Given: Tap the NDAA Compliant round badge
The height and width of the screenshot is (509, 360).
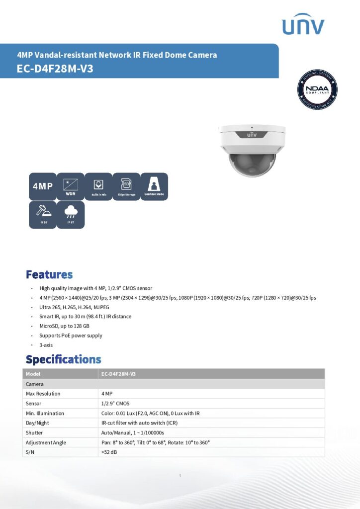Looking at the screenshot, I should (x=317, y=89).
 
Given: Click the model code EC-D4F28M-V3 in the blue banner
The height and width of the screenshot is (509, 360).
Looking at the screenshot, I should (x=55, y=69).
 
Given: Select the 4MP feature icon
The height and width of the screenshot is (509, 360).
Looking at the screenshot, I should (x=42, y=186).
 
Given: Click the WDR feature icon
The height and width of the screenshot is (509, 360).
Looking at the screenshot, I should (x=70, y=186).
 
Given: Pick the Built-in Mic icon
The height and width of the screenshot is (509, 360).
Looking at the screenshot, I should (x=98, y=186).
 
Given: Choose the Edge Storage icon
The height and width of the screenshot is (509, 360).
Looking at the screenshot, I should (x=126, y=186).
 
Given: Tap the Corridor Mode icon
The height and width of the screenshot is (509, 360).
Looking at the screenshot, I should (x=154, y=186).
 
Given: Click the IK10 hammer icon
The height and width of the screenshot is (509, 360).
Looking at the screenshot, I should (x=42, y=215).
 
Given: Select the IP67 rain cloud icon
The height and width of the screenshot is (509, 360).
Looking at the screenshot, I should (x=70, y=215).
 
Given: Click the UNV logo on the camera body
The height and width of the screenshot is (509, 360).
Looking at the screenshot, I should (x=252, y=135).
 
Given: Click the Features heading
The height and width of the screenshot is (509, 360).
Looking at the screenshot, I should (x=49, y=274).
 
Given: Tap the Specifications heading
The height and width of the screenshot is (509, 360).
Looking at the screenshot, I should (x=63, y=359).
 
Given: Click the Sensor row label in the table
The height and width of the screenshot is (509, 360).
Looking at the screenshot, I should (x=34, y=403).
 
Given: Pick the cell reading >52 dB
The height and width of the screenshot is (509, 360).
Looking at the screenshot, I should (x=109, y=452).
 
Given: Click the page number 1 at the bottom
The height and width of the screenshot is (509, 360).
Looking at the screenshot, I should (x=180, y=476).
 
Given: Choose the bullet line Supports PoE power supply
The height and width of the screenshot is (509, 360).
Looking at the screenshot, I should (x=71, y=336).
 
